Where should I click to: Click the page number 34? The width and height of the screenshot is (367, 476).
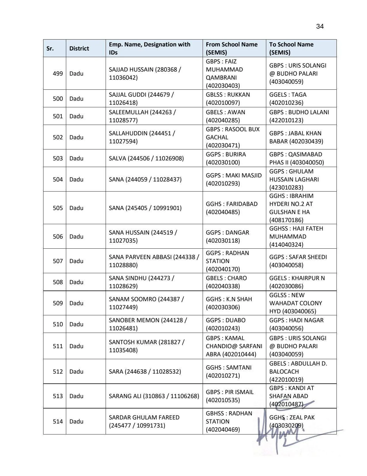coord(320,27)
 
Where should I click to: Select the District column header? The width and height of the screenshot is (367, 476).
coord(79,48)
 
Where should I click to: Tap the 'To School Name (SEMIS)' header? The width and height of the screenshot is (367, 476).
coord(291,48)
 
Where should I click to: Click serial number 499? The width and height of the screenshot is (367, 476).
coord(58,74)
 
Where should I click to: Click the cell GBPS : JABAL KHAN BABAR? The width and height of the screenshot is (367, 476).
coord(296,137)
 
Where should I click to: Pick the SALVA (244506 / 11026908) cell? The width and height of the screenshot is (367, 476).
coord(146,158)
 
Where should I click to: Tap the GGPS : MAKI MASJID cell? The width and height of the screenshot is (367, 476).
coord(233,179)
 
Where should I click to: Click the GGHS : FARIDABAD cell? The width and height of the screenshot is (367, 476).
coord(231,208)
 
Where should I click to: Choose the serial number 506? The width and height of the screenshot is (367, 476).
coord(58,237)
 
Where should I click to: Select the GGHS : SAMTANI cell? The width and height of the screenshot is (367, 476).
coord(229,371)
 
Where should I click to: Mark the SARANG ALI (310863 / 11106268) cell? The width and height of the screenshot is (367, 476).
coord(154,396)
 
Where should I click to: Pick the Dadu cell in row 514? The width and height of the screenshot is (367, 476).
coord(76,421)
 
